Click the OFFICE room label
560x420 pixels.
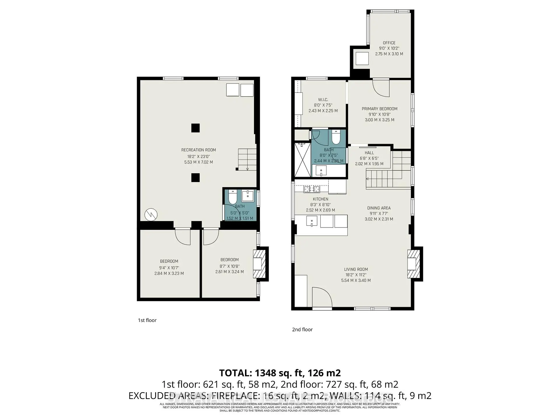tap(389, 43)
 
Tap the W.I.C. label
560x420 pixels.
tap(323, 100)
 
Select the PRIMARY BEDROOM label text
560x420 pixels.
tap(379, 109)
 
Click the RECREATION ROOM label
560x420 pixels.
tap(198, 150)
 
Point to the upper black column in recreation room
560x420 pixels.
tap(195, 128)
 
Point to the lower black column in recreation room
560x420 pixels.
tap(195, 178)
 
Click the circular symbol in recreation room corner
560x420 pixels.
tap(151, 215)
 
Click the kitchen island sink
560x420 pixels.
tap(311, 221)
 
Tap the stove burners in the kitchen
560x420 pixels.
tap(312, 190)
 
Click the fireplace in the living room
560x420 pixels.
tap(412, 264)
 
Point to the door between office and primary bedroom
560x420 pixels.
tap(381, 87)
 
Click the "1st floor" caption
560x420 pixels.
tap(147, 320)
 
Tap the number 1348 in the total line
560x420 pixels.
tap(266, 373)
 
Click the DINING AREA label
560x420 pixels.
tap(379, 208)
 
